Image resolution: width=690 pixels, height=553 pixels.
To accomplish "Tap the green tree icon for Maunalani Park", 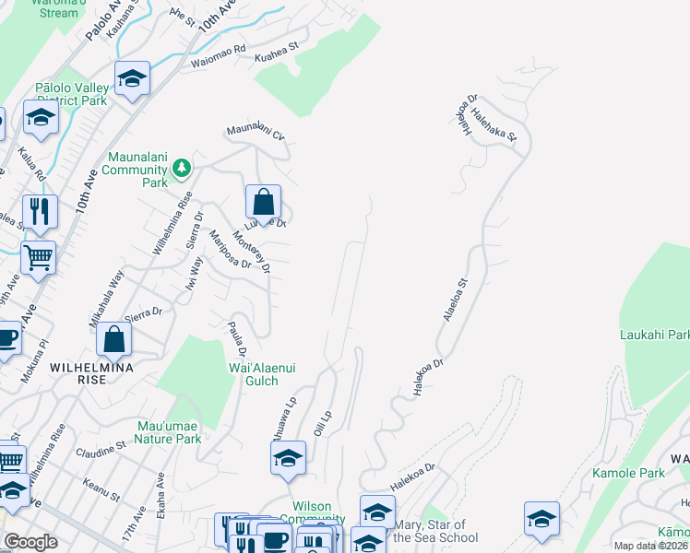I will [183, 167].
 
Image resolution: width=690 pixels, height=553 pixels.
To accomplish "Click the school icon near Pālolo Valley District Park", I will [132, 79].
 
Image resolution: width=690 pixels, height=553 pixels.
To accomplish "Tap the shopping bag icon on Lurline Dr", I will [263, 203].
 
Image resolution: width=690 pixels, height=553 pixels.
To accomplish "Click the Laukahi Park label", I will [655, 335].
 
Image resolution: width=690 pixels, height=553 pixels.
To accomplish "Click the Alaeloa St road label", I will [464, 304].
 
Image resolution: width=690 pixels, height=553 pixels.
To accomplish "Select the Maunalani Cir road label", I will [256, 133].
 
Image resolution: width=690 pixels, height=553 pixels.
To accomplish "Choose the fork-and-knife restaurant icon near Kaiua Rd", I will [40, 211].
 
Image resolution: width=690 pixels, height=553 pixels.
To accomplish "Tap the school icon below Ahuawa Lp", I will [288, 457].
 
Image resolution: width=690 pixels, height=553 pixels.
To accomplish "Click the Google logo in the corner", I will [30, 542].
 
